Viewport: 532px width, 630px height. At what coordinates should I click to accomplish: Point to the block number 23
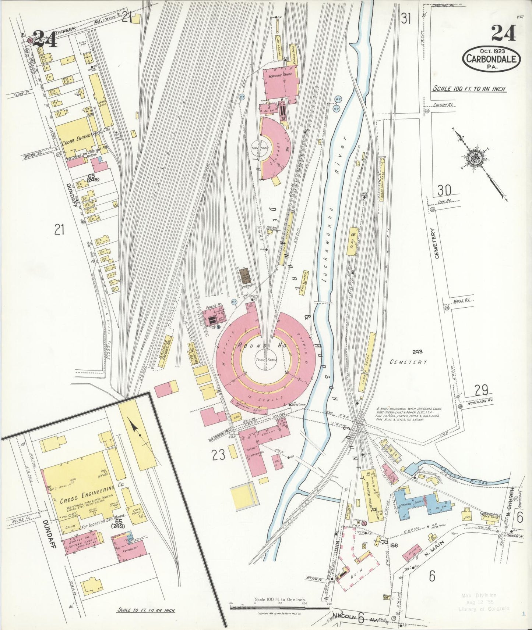pyautogui.click(x=218, y=455)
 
